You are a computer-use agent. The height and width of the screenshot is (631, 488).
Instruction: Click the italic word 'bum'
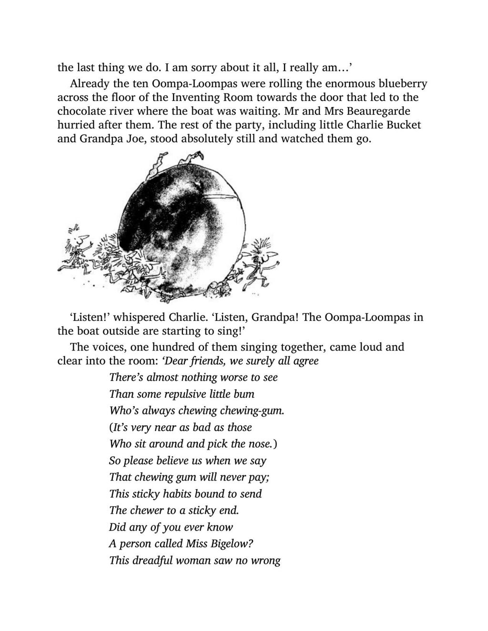[244, 394]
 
